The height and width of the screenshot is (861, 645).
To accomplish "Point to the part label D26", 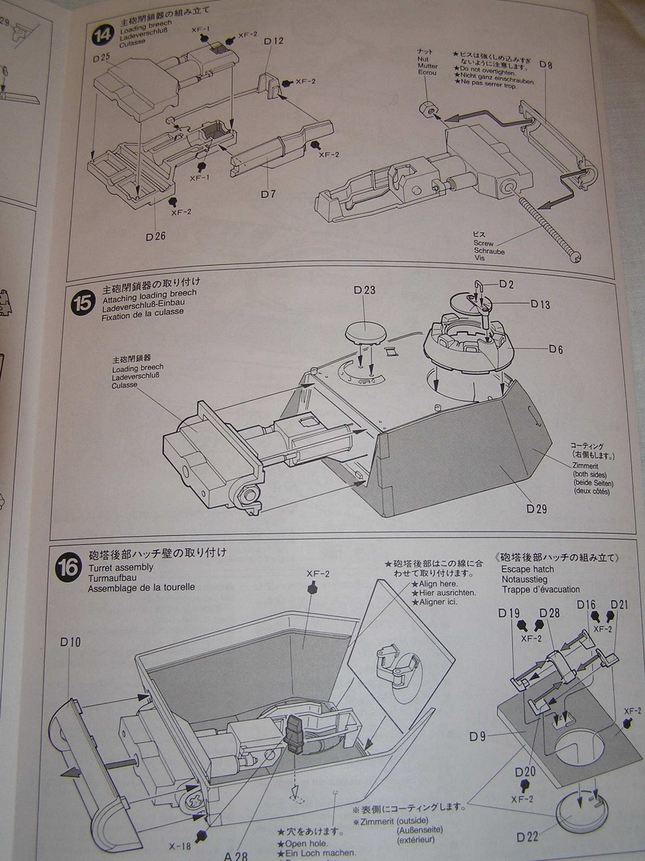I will (156, 236).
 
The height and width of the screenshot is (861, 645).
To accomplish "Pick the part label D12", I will (274, 42).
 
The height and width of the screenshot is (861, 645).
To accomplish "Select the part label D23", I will (365, 291).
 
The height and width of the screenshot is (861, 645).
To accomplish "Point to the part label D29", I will (537, 509).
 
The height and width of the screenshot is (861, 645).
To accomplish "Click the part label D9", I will (479, 736).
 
